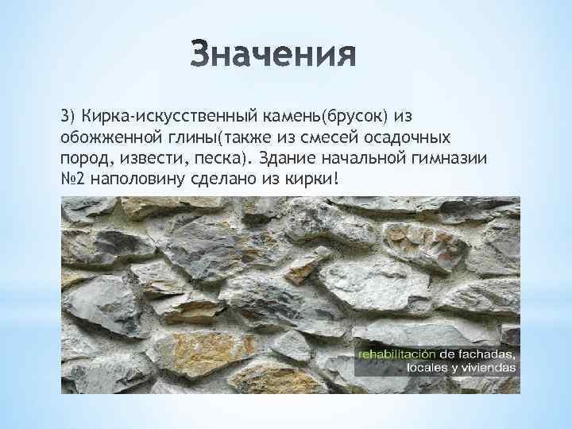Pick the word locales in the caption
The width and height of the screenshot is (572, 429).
tap(427, 368)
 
